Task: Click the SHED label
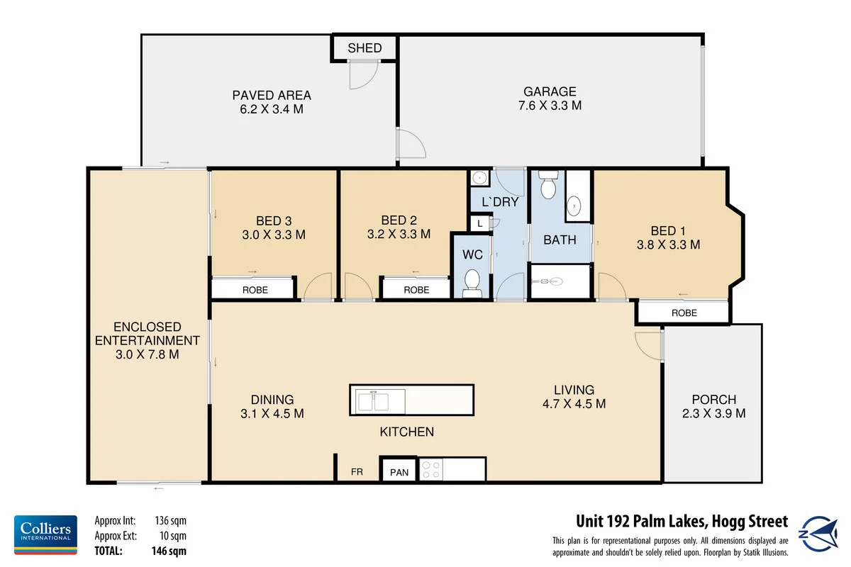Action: click(365, 48)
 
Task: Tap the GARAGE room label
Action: click(550, 91)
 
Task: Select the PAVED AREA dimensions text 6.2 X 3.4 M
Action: click(272, 109)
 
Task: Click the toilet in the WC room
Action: click(472, 284)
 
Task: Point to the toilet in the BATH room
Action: click(547, 187)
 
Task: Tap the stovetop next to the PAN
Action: click(430, 470)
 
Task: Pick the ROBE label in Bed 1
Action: click(684, 313)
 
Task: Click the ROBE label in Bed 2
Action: click(416, 290)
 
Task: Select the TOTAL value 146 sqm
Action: click(170, 550)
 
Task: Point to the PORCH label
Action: click(713, 399)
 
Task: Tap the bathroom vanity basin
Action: click(574, 206)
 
